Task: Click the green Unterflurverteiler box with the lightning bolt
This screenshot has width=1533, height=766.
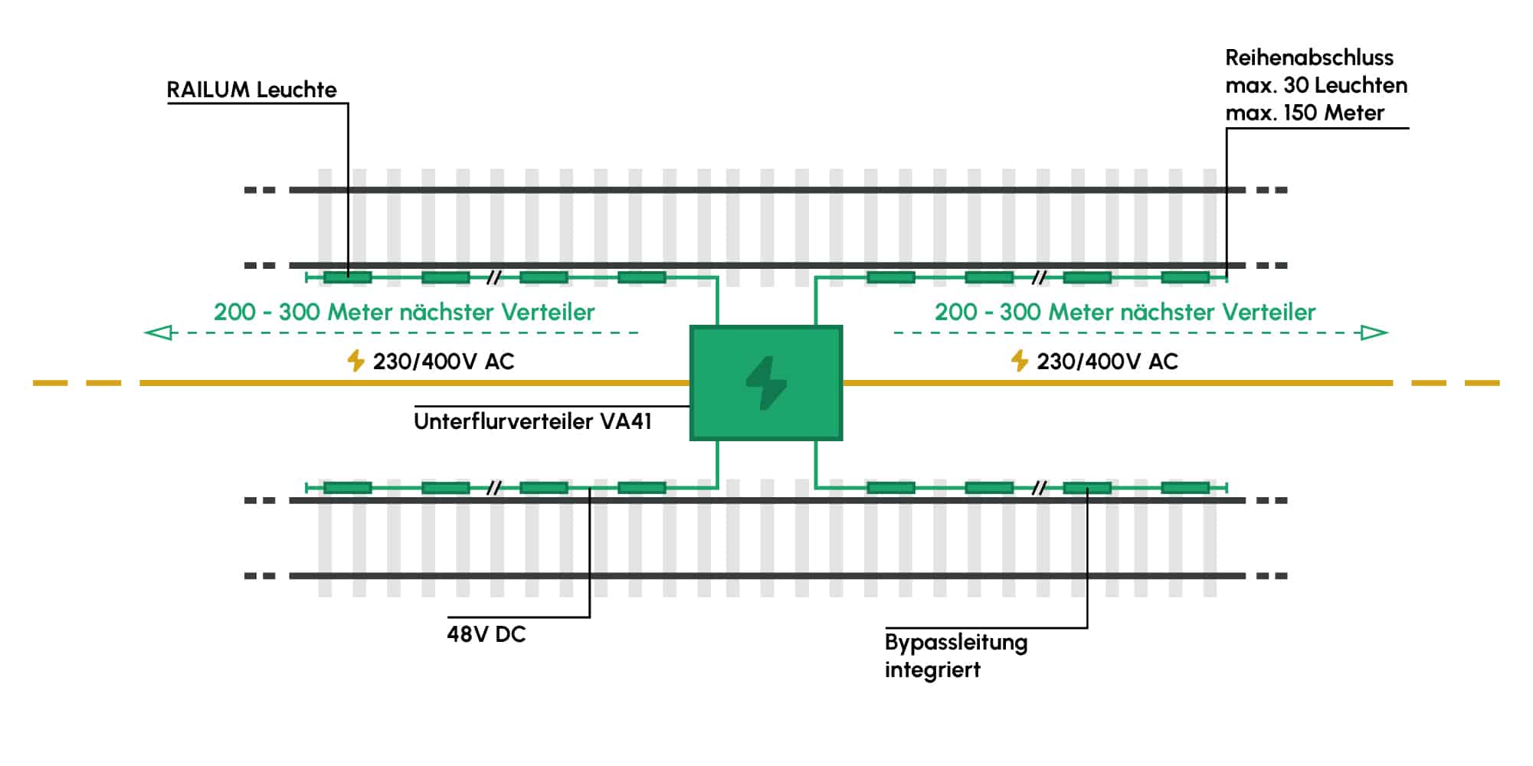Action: (x=766, y=383)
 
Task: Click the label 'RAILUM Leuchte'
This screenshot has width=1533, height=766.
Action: (x=252, y=90)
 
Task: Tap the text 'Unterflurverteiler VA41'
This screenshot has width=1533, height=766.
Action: (x=532, y=421)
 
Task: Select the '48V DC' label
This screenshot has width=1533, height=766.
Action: (x=486, y=634)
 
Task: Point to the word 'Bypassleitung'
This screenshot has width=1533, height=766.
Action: (x=956, y=643)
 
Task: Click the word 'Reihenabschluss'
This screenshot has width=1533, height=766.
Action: (x=1309, y=57)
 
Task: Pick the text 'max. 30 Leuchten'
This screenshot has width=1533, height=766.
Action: (x=1316, y=85)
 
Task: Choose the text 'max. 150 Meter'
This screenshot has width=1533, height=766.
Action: (x=1305, y=113)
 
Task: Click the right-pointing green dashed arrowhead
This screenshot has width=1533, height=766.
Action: (x=1373, y=332)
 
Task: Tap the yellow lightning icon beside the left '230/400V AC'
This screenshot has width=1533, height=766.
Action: (x=355, y=361)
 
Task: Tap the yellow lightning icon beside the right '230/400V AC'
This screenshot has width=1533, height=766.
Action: (x=1019, y=361)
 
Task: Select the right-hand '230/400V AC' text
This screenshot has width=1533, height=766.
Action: (x=1107, y=362)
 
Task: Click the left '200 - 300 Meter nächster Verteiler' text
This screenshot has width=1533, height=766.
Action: (x=404, y=312)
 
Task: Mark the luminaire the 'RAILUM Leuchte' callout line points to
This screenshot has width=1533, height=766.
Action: (x=348, y=277)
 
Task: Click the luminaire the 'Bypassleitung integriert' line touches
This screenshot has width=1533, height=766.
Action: (x=1087, y=488)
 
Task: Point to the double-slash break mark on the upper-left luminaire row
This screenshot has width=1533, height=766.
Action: (x=494, y=277)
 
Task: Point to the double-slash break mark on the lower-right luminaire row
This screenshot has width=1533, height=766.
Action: (x=1038, y=488)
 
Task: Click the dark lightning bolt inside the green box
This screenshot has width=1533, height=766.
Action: (x=766, y=383)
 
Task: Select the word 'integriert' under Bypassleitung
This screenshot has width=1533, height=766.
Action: (x=932, y=670)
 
